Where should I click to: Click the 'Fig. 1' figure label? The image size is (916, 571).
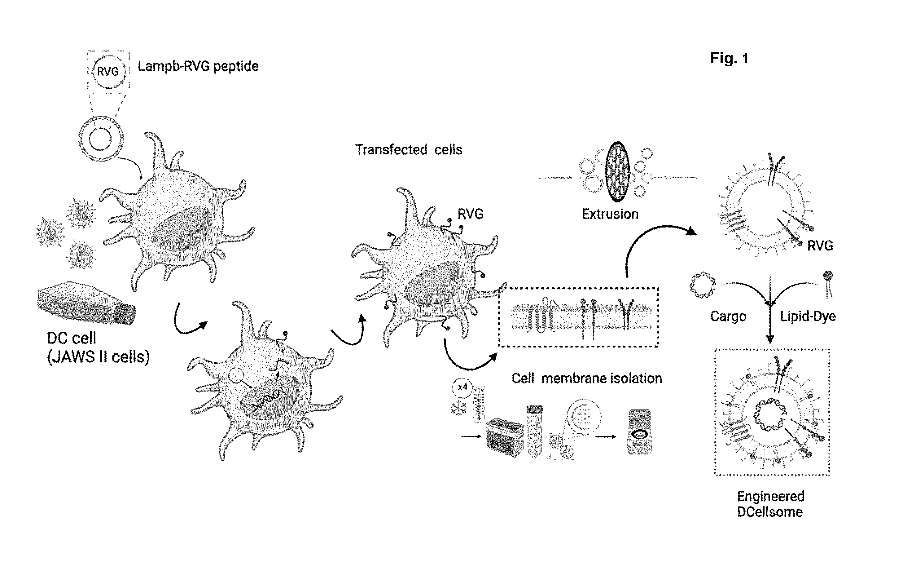[x=729, y=59]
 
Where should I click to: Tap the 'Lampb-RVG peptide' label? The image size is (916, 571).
[x=198, y=66]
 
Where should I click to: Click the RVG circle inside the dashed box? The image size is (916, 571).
[x=108, y=71]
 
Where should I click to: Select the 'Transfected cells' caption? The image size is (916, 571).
[x=409, y=150]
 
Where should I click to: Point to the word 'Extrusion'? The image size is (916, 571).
[x=610, y=214]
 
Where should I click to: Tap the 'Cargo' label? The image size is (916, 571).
[x=728, y=316]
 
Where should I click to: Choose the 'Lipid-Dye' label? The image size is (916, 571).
[x=808, y=316]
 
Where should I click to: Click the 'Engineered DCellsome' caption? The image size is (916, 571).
[x=770, y=504]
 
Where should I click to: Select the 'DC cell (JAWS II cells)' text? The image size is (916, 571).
[x=98, y=347]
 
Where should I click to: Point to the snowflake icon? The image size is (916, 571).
[x=458, y=409]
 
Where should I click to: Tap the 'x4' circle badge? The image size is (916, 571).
[x=462, y=387]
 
